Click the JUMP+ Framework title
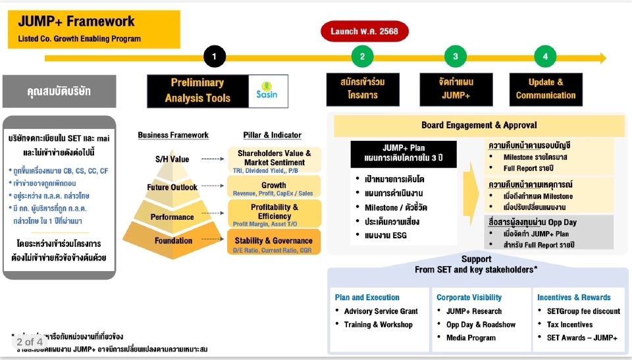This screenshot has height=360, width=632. click(x=76, y=22)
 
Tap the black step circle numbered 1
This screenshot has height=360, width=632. click(x=214, y=57)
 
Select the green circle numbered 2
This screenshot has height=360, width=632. click(x=362, y=57)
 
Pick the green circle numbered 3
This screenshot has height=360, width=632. click(x=456, y=57)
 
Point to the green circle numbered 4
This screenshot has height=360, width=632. click(x=545, y=57)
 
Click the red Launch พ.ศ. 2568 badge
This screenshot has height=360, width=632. click(x=364, y=31)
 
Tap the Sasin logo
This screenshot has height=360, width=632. click(x=267, y=90)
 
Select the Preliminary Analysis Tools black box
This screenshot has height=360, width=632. click(x=197, y=90)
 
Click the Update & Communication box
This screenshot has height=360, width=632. click(x=546, y=90)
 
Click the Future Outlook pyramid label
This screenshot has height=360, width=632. click(x=172, y=188)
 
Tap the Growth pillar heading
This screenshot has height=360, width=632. click(x=273, y=185)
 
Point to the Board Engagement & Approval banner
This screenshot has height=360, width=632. click(x=479, y=125)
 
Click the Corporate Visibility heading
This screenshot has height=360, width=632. click(x=469, y=297)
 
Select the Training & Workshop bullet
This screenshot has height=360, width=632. click(x=378, y=324)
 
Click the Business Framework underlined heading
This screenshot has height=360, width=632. click(x=173, y=135)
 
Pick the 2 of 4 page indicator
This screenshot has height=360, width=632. click(x=30, y=342)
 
